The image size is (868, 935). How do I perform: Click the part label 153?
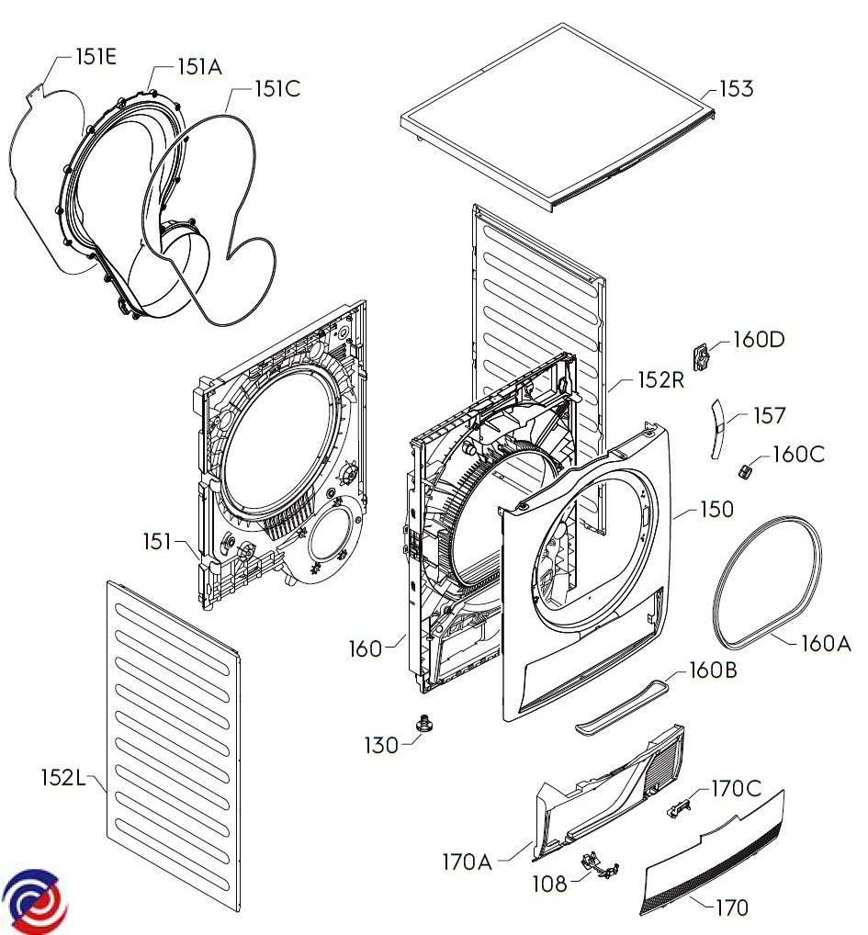[737, 89]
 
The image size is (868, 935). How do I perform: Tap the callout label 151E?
[96, 57]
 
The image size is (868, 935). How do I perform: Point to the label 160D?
[759, 340]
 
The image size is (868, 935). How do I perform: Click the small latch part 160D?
[703, 356]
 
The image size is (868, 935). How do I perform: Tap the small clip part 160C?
[745, 470]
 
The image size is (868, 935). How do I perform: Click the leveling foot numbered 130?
[424, 726]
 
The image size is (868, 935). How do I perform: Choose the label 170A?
[467, 862]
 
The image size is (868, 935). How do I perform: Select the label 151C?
[277, 89]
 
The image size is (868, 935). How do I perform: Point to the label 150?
[716, 509]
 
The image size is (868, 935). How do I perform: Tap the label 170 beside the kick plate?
[732, 907]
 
